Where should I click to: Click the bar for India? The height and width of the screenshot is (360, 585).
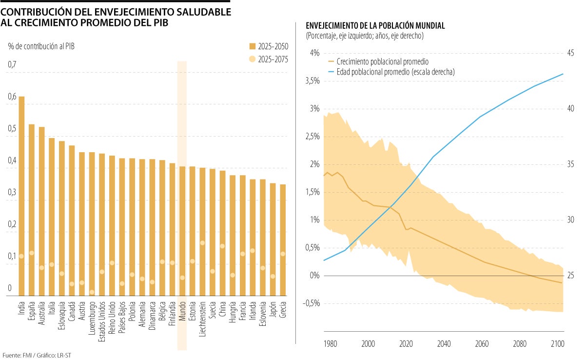tap(21, 195)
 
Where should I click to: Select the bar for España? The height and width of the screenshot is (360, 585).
tap(32, 210)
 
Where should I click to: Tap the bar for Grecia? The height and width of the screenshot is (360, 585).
tap(283, 240)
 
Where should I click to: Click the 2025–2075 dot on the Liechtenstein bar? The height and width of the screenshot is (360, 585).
tap(202, 243)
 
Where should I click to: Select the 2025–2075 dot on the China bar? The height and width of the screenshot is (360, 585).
tap(222, 246)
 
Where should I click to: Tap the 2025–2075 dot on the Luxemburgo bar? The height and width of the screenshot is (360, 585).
tap(92, 292)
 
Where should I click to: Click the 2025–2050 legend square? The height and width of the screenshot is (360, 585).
tap(252, 46)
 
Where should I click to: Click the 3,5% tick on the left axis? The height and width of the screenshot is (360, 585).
tap(312, 81)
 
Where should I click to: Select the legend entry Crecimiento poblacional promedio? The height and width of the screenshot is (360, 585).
tap(378, 62)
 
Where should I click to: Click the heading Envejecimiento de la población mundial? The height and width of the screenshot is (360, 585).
tap(375, 26)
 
